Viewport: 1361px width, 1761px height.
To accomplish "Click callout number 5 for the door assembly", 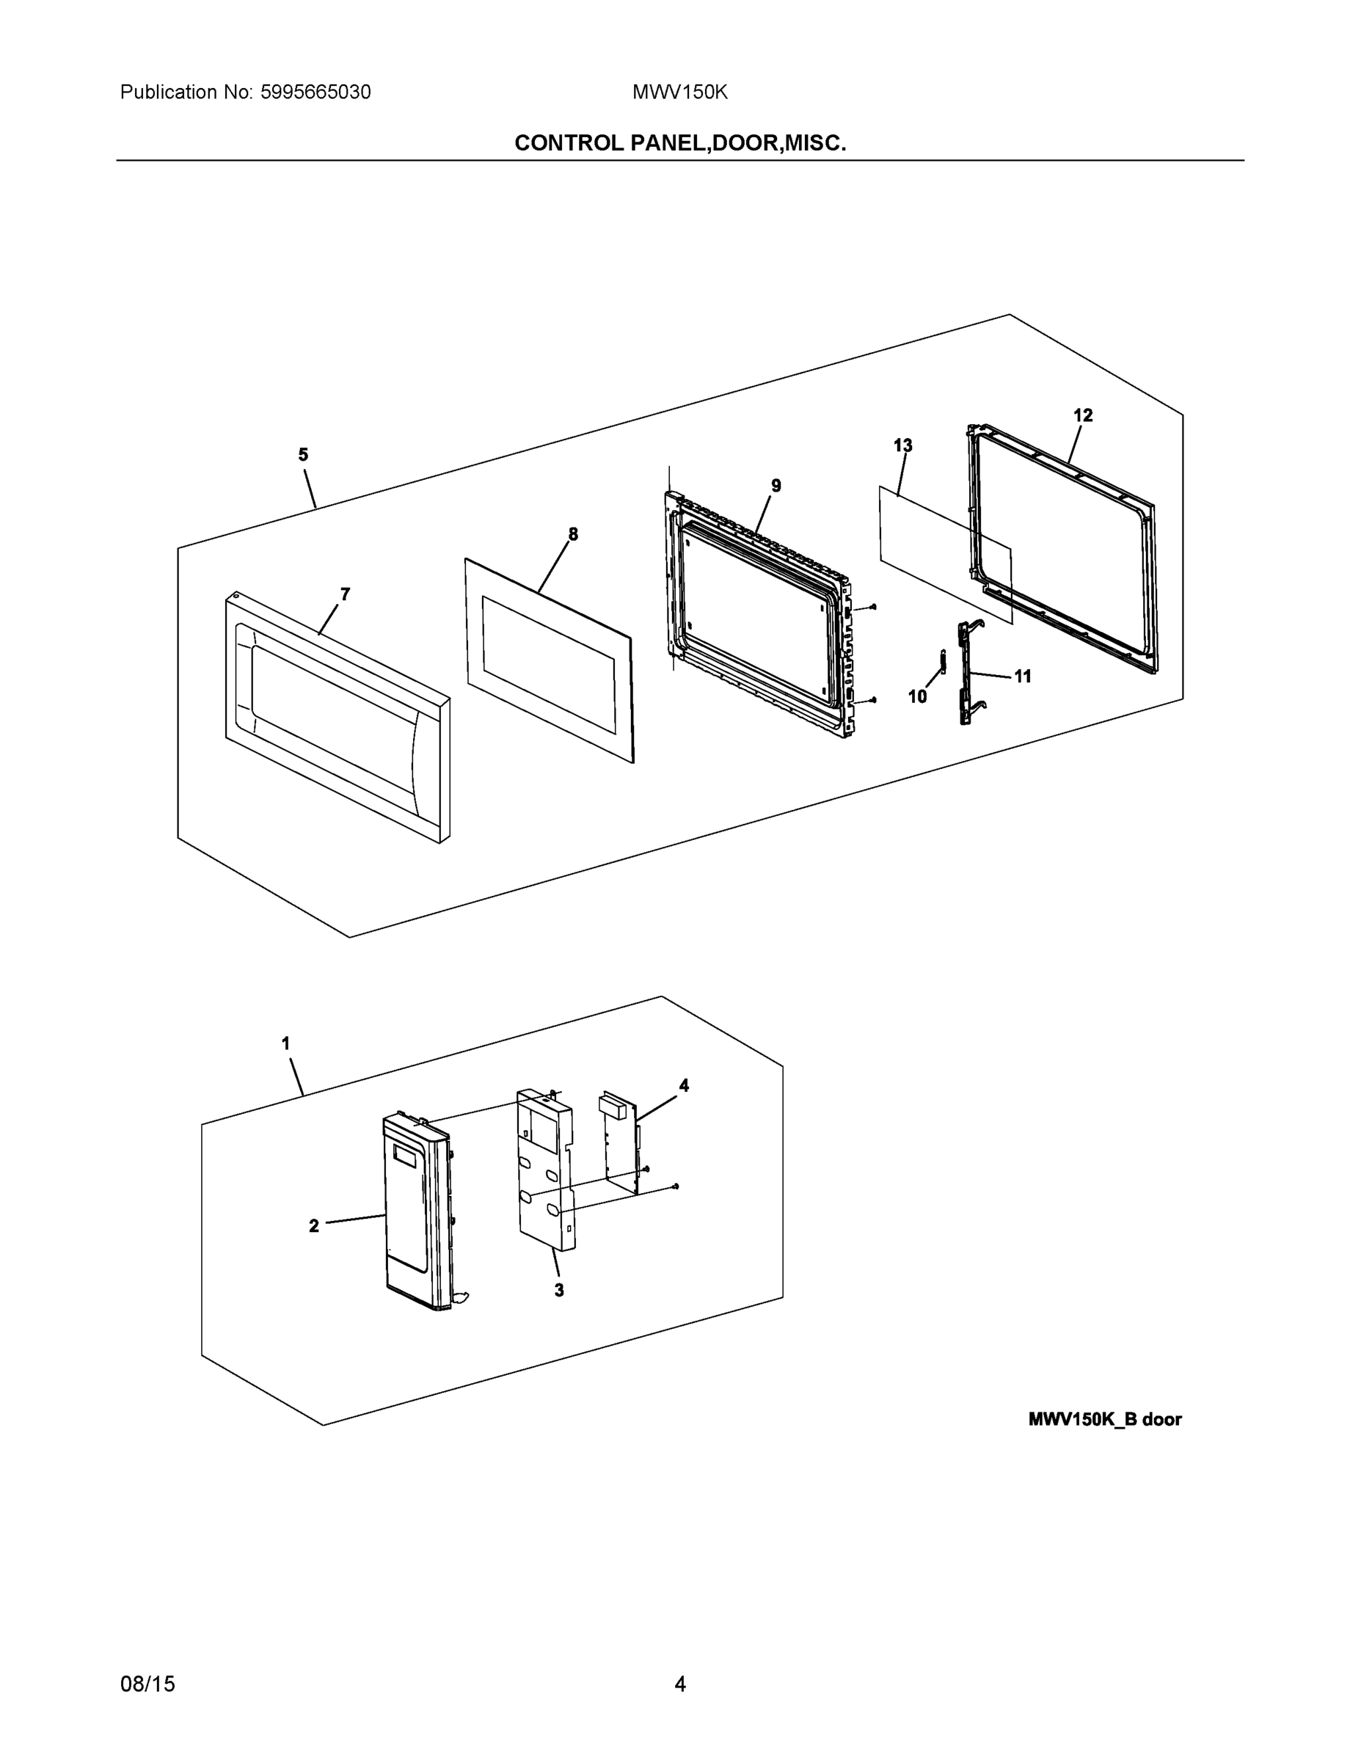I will click(303, 455).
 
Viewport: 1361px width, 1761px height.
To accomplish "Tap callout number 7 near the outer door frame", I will click(345, 594).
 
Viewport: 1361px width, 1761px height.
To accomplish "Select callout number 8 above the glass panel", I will click(572, 533).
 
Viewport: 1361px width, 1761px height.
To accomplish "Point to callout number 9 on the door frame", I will click(776, 486).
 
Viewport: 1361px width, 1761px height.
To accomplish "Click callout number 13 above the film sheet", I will click(903, 445).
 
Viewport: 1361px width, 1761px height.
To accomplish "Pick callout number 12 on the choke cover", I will click(1083, 415).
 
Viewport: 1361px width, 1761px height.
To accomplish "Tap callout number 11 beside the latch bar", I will click(1022, 677).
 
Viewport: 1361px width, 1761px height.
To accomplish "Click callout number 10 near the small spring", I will click(918, 696).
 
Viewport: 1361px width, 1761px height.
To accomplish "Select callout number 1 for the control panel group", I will click(285, 1043).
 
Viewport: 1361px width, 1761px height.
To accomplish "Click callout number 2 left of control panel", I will click(313, 1226).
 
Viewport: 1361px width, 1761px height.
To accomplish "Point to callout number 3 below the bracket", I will click(559, 1290).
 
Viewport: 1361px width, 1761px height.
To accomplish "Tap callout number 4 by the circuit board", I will click(684, 1086).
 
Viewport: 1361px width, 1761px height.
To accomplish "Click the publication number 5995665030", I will click(315, 92).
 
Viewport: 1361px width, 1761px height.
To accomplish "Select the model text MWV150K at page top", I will click(679, 92).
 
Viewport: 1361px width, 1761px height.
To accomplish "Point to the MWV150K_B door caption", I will click(1105, 1420).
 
